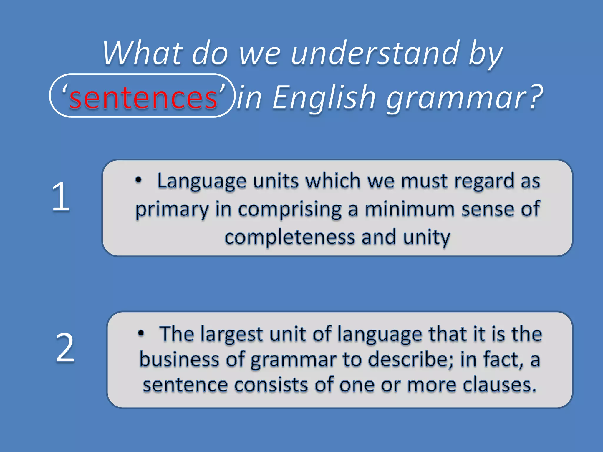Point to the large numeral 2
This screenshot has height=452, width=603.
(65, 348)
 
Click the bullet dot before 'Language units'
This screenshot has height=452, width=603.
(138, 180)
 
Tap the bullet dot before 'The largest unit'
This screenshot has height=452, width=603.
(141, 333)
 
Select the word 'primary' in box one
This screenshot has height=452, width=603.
(172, 210)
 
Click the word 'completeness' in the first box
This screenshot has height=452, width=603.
(290, 237)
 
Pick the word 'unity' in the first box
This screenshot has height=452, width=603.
(426, 237)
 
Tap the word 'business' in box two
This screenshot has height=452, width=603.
(179, 360)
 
